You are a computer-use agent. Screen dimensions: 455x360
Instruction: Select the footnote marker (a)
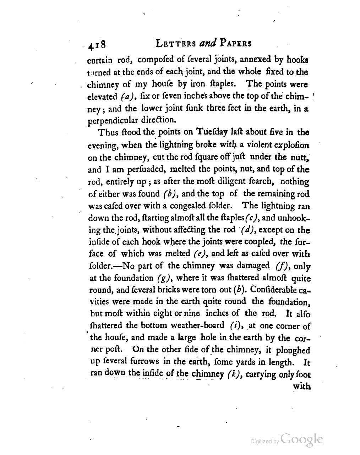pyautogui.click(x=129, y=96)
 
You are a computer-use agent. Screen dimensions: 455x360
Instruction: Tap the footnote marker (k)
pyautogui.click(x=233, y=373)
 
